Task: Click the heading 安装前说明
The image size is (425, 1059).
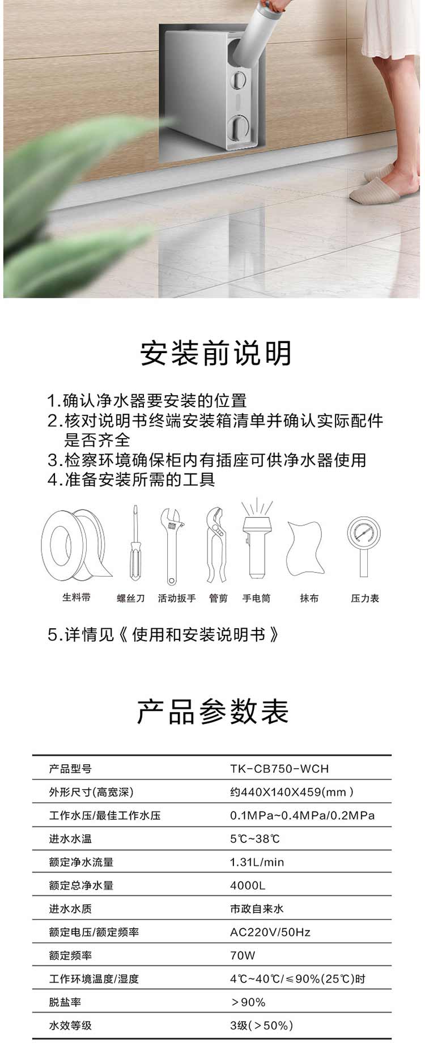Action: pyautogui.click(x=216, y=353)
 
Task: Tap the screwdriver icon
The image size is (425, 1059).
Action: pyautogui.click(x=135, y=543)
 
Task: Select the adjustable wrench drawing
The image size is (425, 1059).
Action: pyautogui.click(x=172, y=546)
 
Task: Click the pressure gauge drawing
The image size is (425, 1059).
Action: pyautogui.click(x=364, y=544)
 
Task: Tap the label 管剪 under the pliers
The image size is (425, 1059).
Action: pyautogui.click(x=218, y=598)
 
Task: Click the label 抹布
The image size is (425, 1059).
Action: pyautogui.click(x=309, y=598)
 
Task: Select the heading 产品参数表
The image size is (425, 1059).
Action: pyautogui.click(x=213, y=711)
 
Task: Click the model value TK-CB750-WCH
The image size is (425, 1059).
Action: pyautogui.click(x=279, y=769)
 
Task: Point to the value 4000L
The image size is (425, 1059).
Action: pyautogui.click(x=248, y=886)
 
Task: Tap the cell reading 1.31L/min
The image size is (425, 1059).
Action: pyautogui.click(x=257, y=862)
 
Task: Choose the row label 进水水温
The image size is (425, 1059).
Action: pyautogui.click(x=70, y=839)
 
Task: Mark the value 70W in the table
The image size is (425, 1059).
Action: pyautogui.click(x=243, y=956)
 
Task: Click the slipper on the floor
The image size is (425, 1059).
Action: pyautogui.click(x=377, y=190)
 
